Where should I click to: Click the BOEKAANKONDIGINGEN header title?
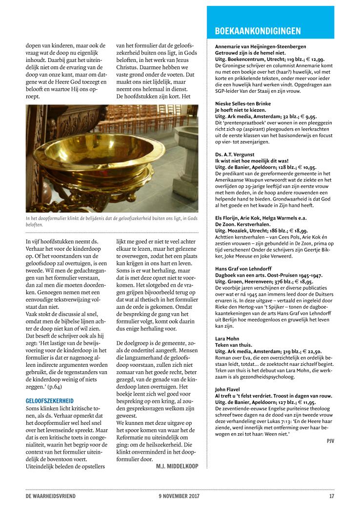pyautogui.click(x=258, y=32)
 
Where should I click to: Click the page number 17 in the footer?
pyautogui.click(x=331, y=497)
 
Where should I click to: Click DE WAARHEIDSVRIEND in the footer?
pyautogui.click(x=51, y=497)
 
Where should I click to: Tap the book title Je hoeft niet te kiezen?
pyautogui.click(x=241, y=110)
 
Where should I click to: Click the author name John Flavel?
pyautogui.click(x=228, y=389)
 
